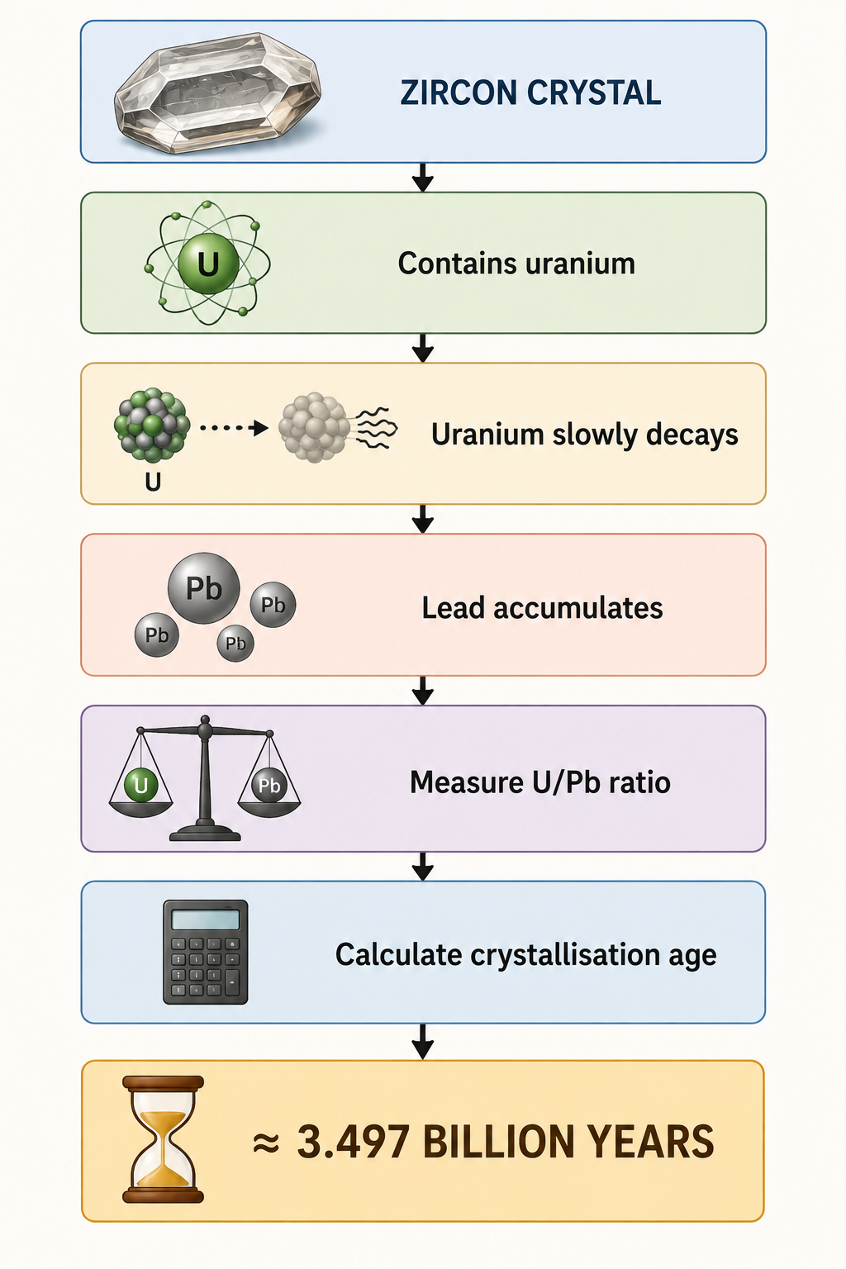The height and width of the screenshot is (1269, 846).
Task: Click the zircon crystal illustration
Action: click(218, 93)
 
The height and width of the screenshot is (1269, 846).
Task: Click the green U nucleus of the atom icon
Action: click(208, 264)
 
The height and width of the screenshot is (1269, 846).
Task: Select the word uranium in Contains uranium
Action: click(580, 264)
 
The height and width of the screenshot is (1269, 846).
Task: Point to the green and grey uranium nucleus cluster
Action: click(152, 425)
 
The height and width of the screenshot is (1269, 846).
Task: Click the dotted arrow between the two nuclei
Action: click(234, 428)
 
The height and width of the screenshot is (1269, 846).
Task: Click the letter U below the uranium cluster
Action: click(153, 482)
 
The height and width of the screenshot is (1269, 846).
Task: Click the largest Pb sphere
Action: click(203, 588)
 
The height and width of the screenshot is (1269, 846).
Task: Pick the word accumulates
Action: click(578, 608)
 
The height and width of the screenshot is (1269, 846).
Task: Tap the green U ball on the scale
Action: click(140, 785)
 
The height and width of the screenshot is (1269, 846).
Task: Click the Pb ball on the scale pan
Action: click(269, 785)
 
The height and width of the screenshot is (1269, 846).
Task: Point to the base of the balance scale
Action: click(205, 832)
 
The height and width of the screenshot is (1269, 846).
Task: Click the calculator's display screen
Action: click(205, 920)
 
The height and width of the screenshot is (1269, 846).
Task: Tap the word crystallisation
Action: click(566, 954)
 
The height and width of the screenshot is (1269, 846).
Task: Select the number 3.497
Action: click(353, 1142)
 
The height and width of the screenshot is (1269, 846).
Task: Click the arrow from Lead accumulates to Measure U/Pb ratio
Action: click(423, 690)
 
